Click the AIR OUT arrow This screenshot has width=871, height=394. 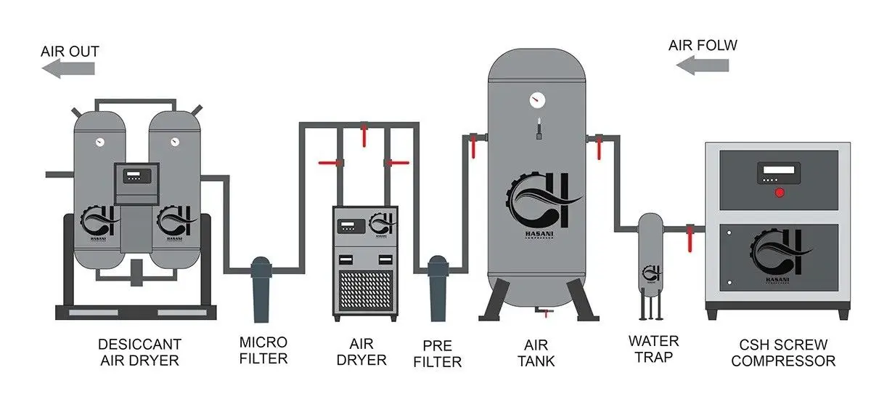tap(68, 68)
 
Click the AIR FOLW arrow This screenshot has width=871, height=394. tap(702, 66)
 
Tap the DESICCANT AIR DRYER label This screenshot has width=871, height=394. tap(139, 351)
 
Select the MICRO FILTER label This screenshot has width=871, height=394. tap(263, 350)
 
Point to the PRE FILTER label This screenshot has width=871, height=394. tap(438, 352)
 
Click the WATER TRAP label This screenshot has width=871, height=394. tap(653, 349)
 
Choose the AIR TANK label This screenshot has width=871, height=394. tap(537, 351)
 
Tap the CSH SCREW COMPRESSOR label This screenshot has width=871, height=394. tap(783, 352)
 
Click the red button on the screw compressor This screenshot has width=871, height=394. tap(780, 193)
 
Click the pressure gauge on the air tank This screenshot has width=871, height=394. tap(537, 98)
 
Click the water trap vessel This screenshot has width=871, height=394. tap(651, 254)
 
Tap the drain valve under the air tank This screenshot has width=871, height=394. tap(541, 312)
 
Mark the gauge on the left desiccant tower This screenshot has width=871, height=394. tap(99, 141)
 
